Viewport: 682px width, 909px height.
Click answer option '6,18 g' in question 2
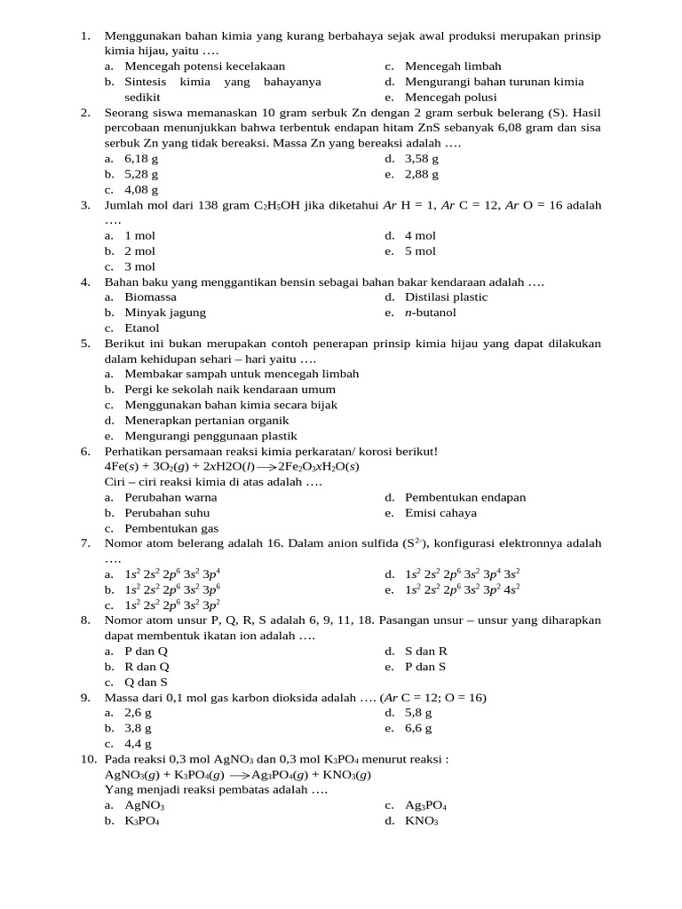point(141,159)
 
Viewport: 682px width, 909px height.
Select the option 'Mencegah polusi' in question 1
point(450,98)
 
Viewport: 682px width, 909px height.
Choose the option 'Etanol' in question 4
point(142,328)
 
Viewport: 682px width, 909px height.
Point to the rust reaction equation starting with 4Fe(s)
point(231,467)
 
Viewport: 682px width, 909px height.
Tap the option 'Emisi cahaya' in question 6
point(440,513)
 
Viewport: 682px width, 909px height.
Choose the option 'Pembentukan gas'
point(171,528)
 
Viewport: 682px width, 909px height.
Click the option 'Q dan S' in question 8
point(147,683)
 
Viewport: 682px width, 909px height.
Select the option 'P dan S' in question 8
point(425,667)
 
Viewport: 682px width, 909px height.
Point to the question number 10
point(88,760)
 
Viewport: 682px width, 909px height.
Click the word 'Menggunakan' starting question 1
point(141,36)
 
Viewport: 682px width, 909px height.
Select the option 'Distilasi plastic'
point(446,297)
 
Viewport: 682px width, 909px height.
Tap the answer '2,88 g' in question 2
point(422,175)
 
